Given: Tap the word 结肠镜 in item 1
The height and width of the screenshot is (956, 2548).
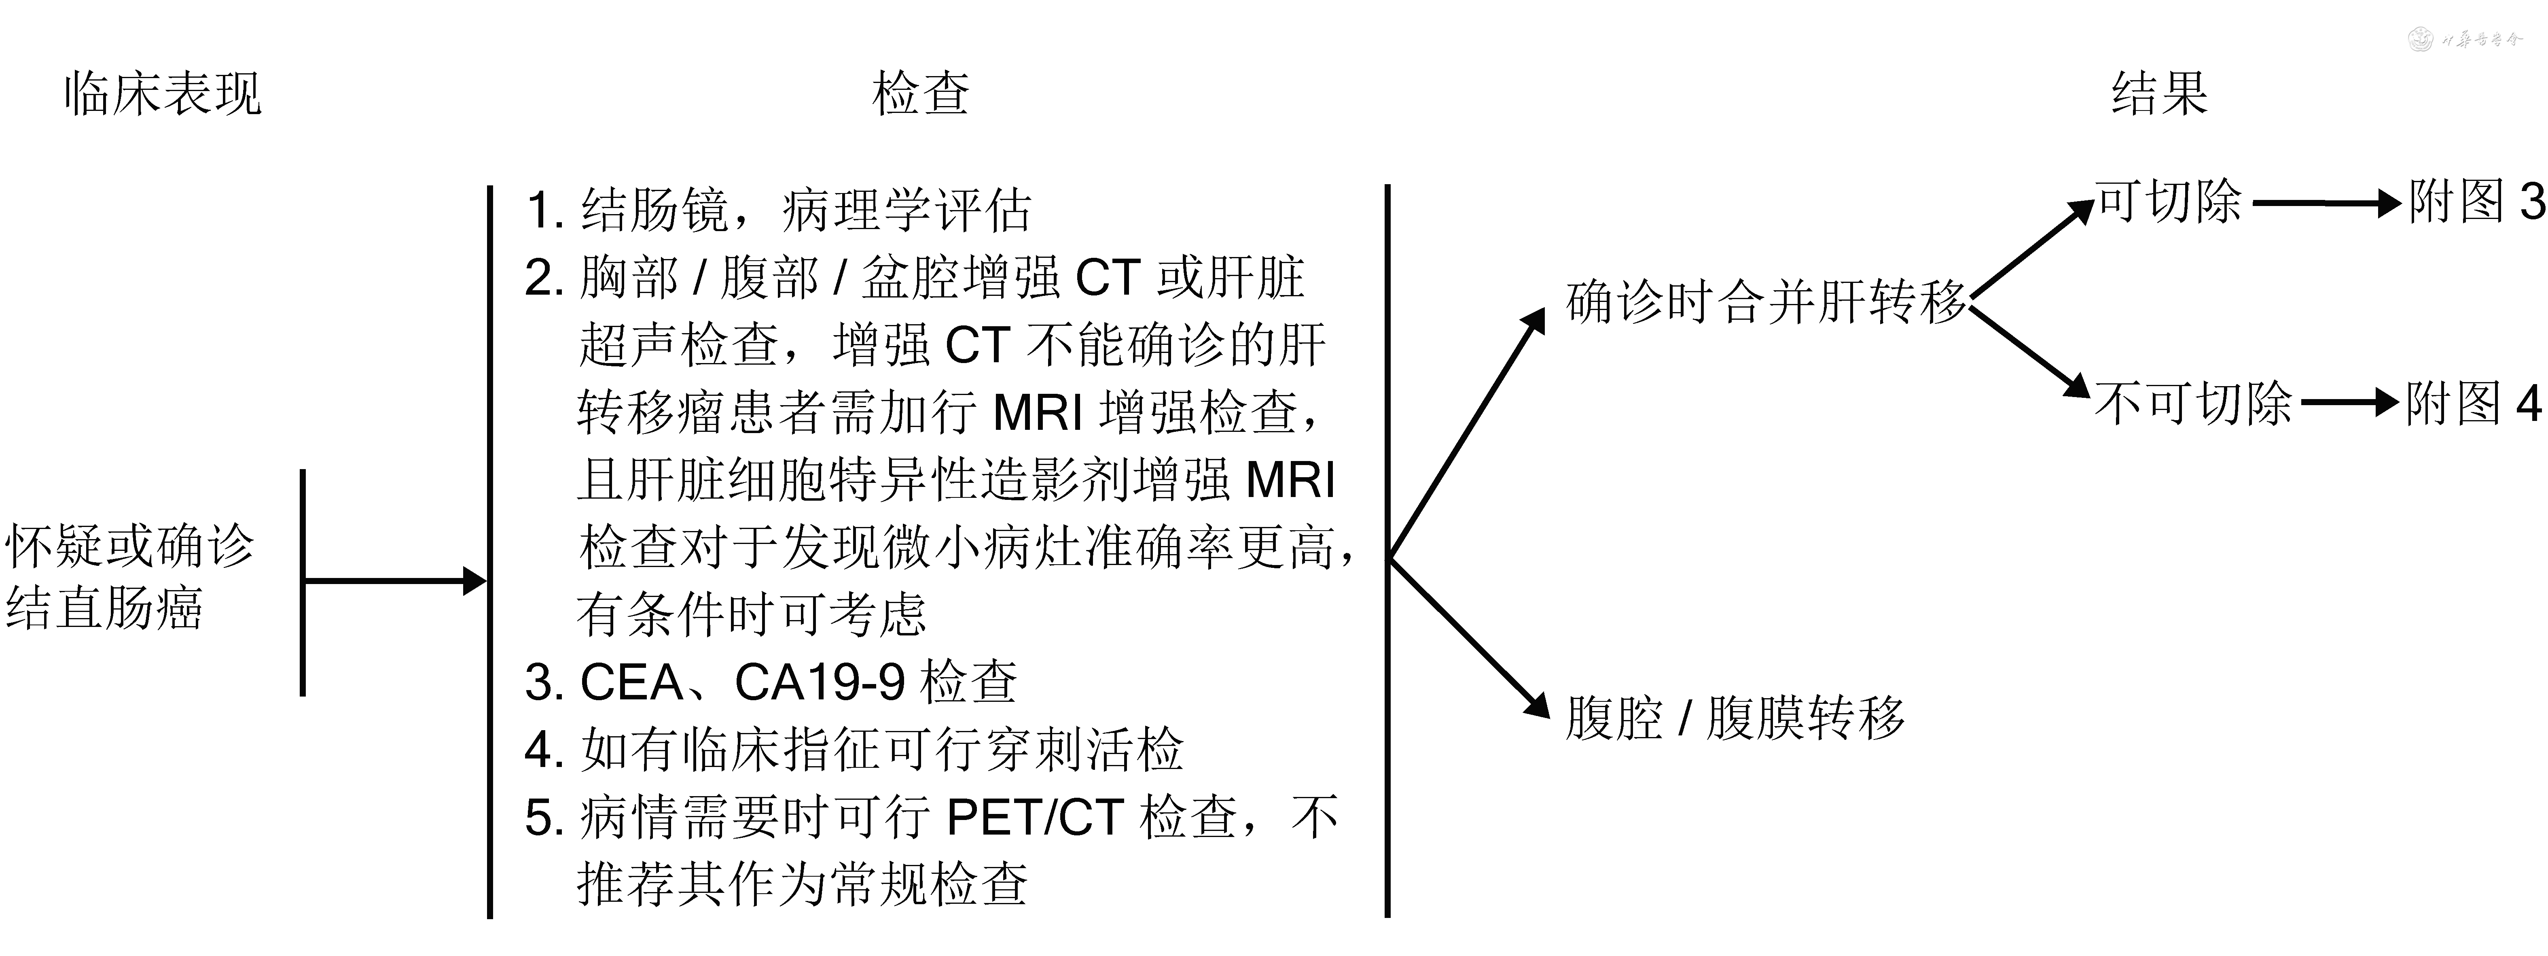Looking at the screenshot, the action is tap(655, 210).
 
